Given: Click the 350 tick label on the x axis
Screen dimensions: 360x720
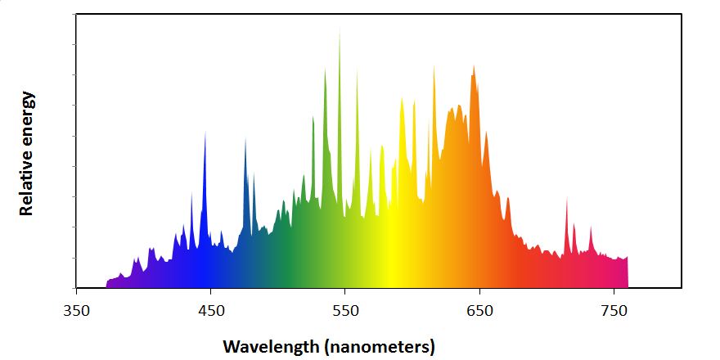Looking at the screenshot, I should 76,311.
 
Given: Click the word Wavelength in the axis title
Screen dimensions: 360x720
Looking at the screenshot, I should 272,346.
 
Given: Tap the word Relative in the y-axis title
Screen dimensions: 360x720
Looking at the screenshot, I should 26,178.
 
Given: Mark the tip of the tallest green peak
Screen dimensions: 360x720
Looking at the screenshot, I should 340,26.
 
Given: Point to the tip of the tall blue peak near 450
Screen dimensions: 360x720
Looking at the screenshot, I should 205,132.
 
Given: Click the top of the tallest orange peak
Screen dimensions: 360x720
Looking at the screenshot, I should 473,65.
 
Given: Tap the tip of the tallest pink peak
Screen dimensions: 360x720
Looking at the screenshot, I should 566,197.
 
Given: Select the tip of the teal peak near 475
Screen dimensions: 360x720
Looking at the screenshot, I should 245,138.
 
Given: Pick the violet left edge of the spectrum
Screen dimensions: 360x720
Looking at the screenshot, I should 107,283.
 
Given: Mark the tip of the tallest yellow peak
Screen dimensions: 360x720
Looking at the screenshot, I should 402,98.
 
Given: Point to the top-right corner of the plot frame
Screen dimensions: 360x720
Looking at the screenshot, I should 682,14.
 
